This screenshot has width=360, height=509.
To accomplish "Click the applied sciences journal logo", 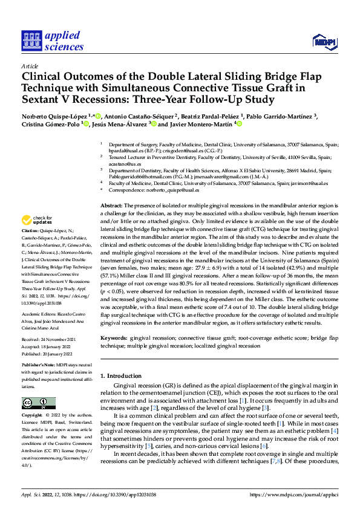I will pos(51,41).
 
